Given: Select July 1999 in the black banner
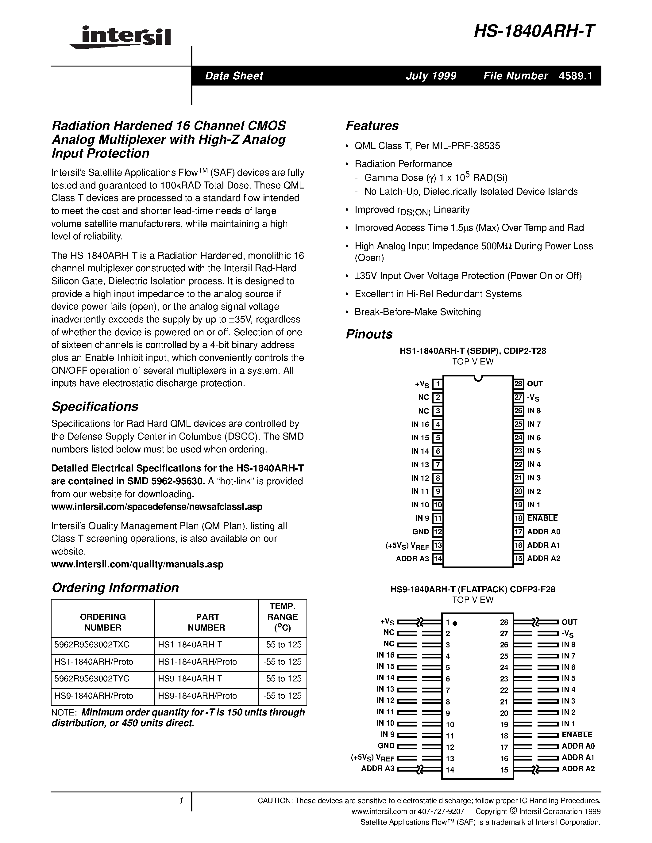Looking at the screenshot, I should pyautogui.click(x=431, y=76).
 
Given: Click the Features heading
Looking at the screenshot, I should pyautogui.click(x=372, y=126).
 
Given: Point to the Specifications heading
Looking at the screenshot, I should pyautogui.click(x=95, y=406).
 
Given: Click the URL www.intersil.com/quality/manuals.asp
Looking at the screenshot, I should pyautogui.click(x=137, y=564).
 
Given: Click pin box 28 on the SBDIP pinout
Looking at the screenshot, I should pyautogui.click(x=518, y=384).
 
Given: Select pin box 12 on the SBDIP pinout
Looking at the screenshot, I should pyautogui.click(x=437, y=532).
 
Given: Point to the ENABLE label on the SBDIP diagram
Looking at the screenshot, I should pyautogui.click(x=542, y=518).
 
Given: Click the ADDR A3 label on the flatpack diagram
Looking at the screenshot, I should pyautogui.click(x=377, y=768).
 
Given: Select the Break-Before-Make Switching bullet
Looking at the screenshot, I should pyautogui.click(x=417, y=312).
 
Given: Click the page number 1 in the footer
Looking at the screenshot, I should pyautogui.click(x=181, y=801).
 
